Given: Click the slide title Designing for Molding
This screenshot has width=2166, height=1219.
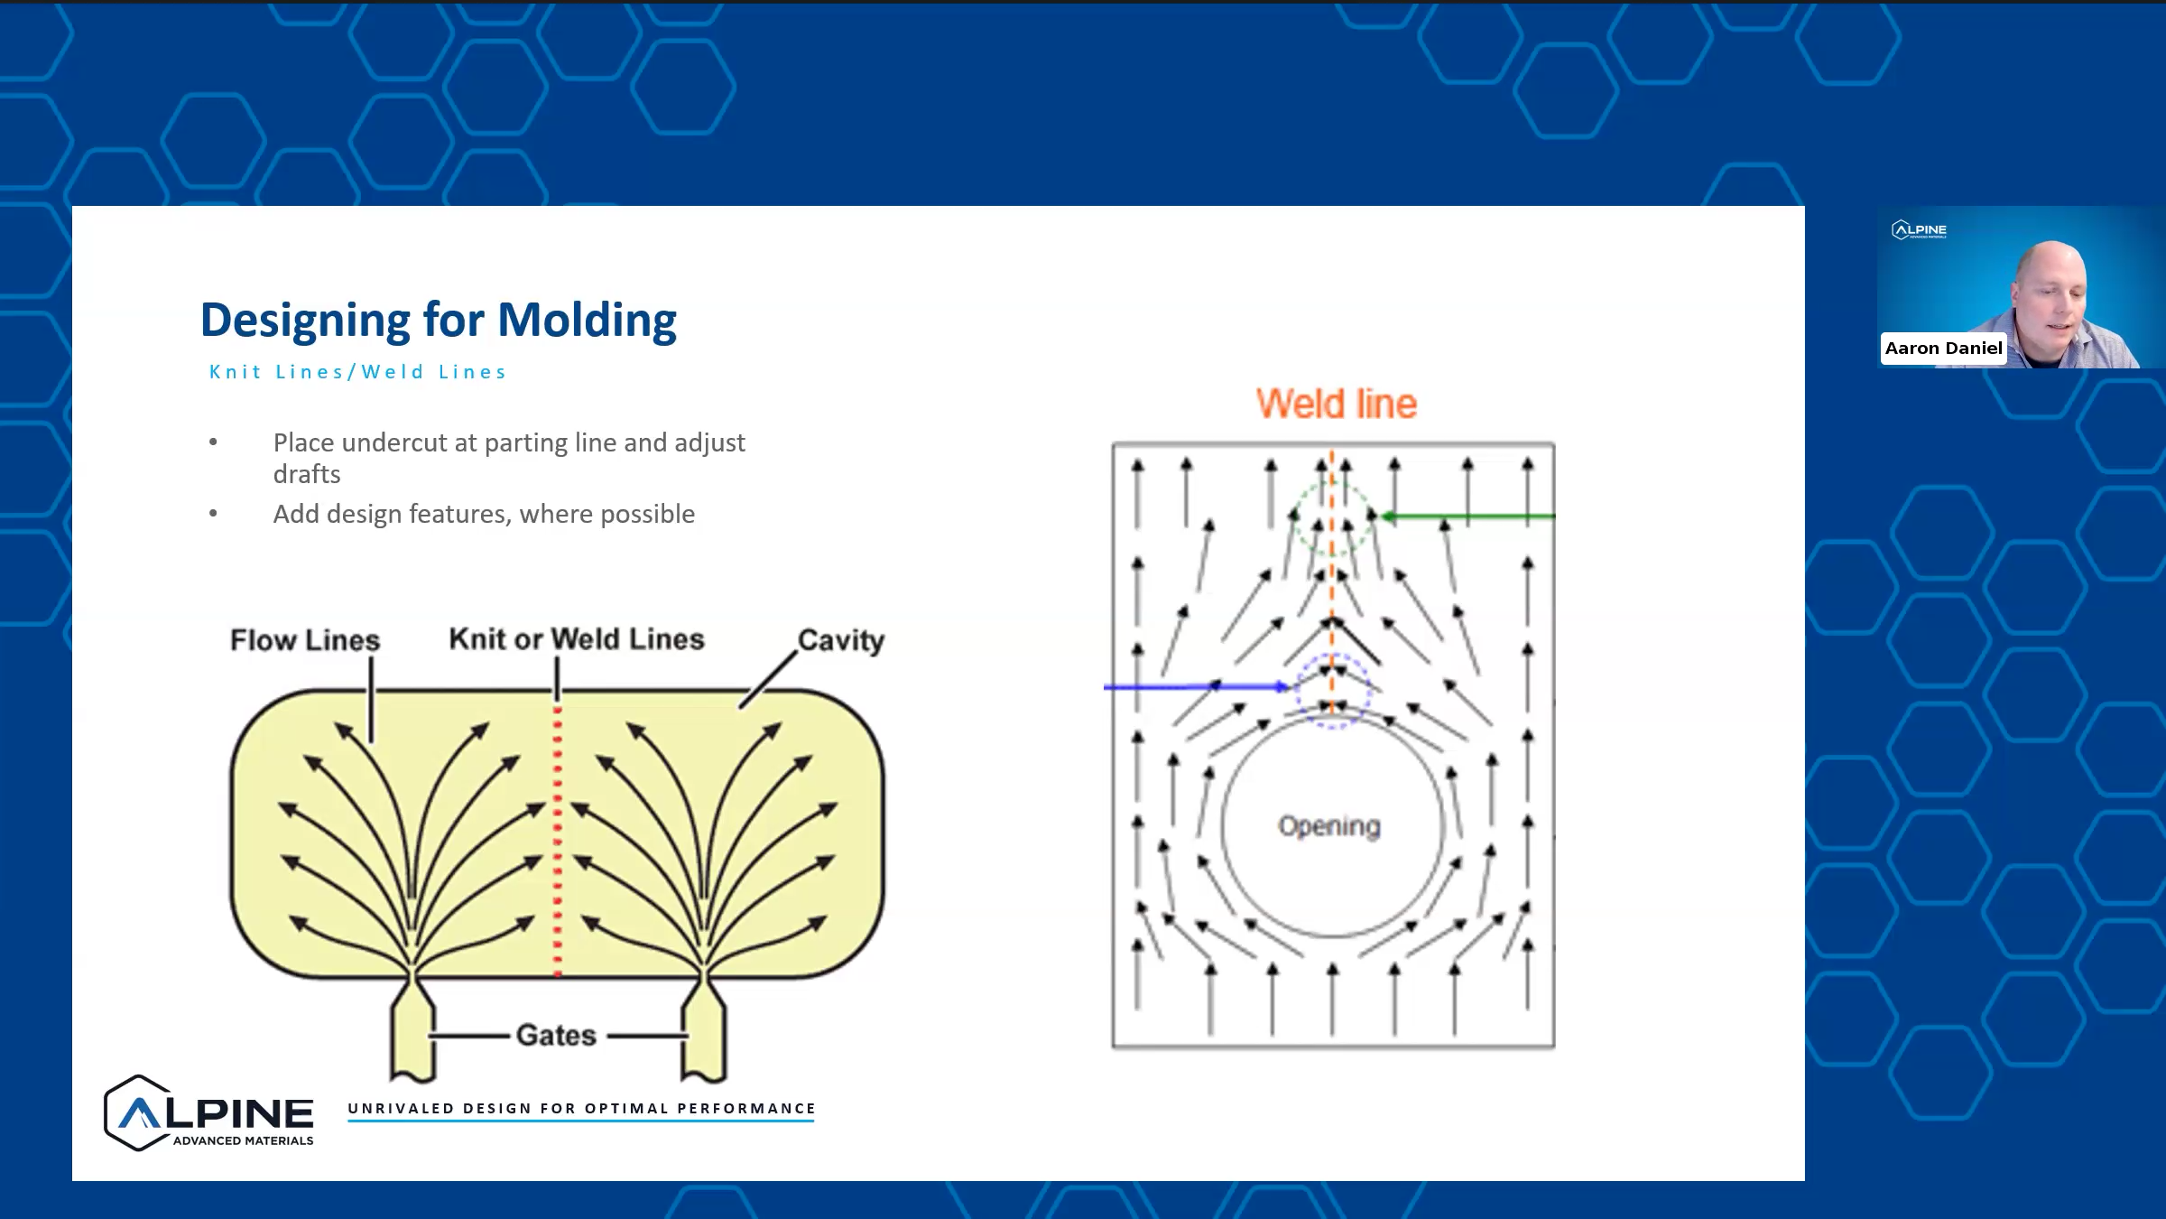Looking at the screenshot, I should tap(439, 321).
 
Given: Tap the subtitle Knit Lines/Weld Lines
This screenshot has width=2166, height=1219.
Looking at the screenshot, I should tap(358, 372).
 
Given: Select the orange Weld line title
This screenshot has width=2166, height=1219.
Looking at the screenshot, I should tap(1336, 404).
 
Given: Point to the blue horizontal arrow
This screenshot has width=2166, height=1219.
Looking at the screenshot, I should tap(1191, 687).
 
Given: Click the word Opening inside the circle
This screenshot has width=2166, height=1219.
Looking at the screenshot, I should tap(1329, 825).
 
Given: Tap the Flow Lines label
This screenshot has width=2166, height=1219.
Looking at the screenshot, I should tap(305, 640).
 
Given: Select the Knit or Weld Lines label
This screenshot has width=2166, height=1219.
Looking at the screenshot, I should tap(576, 639).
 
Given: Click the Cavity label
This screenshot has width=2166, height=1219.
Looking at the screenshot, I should tap(840, 640).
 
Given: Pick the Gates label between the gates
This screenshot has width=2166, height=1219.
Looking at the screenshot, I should tap(556, 1035).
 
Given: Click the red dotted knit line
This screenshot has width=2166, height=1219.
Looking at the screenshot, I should tap(558, 840).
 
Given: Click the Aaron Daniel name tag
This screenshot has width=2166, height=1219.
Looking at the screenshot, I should tap(1943, 349).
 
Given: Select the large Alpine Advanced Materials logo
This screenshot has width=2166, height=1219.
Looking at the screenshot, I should tap(209, 1113).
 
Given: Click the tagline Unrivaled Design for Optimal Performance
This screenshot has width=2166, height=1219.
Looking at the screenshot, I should tap(581, 1109).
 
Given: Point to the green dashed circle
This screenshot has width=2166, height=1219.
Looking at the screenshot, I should tap(1332, 516).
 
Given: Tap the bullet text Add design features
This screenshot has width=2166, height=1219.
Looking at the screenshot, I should tap(484, 514).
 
